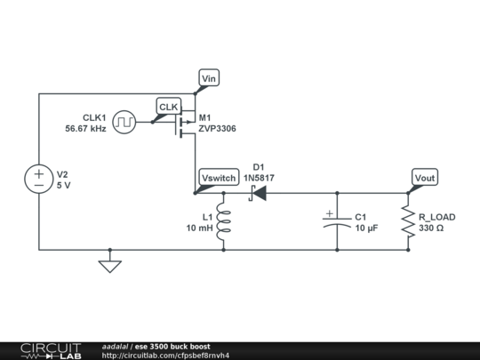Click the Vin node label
tap(209, 79)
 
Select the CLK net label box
tap(168, 107)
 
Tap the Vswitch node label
tap(219, 178)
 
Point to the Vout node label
tap(425, 178)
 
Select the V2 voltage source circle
tap(38, 178)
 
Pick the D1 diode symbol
tap(258, 193)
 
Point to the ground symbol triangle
tap(109, 265)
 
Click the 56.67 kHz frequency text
tap(85, 129)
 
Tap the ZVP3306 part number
tap(219, 129)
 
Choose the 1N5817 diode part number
tap(259, 178)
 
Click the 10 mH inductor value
tap(199, 228)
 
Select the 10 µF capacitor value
tap(367, 228)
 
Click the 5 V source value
tap(63, 185)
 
